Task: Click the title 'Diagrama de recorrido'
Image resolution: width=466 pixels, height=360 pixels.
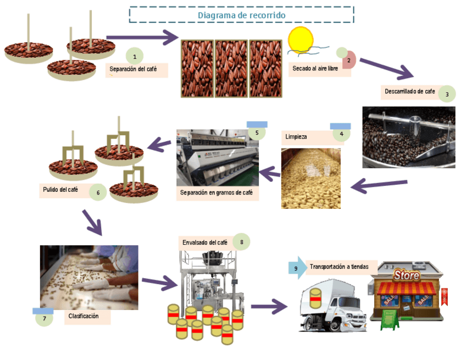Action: pos(241,15)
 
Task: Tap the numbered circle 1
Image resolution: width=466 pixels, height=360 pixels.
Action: pos(135,56)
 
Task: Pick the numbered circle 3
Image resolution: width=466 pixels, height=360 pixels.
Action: pos(447,94)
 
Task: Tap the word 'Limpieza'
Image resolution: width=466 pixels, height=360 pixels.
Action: pos(296,136)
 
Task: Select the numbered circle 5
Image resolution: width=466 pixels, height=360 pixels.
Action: pos(257,132)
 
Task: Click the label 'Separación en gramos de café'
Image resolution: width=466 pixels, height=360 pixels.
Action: pos(217,193)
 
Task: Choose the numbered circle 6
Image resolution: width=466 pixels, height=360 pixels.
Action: pos(98,192)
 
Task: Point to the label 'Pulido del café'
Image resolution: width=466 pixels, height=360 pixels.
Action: pos(60,190)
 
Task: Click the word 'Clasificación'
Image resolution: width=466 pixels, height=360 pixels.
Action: pos(84,317)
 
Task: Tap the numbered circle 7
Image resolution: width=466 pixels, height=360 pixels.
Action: pos(44,318)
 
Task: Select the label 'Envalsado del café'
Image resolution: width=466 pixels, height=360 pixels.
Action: pos(204,242)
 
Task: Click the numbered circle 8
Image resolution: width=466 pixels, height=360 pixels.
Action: pos(241,241)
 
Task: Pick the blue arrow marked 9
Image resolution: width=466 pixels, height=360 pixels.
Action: pos(297,268)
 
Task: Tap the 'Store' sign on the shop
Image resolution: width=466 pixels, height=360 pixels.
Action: pos(407,275)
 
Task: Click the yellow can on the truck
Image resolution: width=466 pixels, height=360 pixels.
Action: pos(315,297)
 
